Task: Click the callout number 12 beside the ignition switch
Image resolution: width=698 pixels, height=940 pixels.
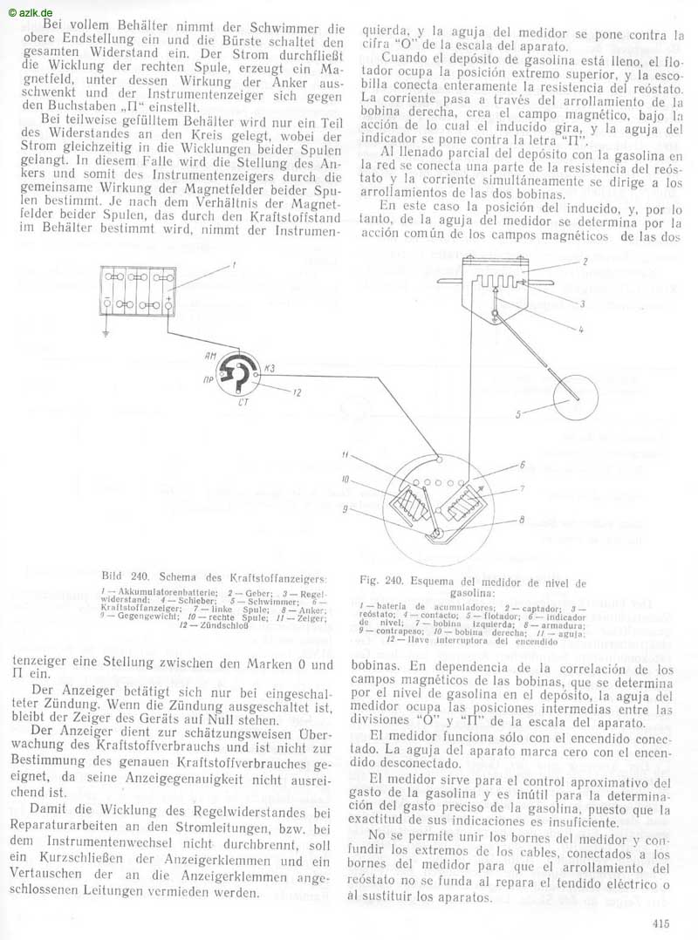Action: [x=297, y=393]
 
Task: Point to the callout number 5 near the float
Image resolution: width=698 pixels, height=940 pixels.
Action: [x=517, y=414]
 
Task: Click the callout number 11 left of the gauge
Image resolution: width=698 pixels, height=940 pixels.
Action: [x=346, y=455]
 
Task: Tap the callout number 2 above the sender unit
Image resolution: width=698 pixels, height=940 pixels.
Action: [x=586, y=261]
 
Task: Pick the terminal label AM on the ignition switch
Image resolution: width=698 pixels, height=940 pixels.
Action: [x=211, y=357]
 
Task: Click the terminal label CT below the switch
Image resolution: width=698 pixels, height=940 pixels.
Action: [x=242, y=404]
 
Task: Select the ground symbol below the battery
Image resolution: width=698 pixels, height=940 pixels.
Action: [x=106, y=334]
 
